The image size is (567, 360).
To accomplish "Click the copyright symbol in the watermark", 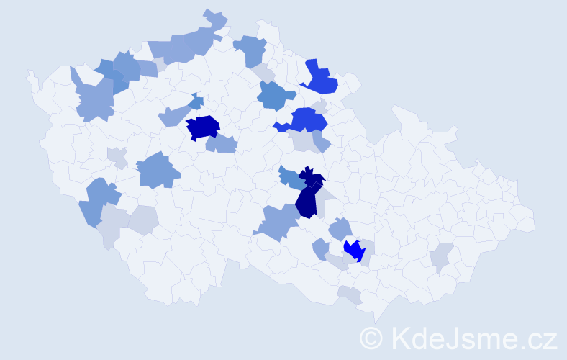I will click(371, 338).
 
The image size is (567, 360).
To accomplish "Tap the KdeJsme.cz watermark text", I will click(471, 338).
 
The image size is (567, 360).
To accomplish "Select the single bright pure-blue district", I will click(355, 251).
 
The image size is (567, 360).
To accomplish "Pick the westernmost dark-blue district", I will click(203, 127).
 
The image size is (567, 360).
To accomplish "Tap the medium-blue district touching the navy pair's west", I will click(289, 177).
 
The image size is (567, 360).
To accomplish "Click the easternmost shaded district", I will click(441, 256).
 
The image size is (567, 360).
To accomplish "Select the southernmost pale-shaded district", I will click(350, 294).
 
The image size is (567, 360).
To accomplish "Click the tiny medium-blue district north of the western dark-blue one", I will click(196, 102).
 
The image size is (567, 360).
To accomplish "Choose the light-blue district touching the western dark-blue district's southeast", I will click(222, 144).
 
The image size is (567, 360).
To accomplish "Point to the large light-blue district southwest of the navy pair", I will click(277, 221).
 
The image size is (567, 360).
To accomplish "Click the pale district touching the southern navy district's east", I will click(327, 195).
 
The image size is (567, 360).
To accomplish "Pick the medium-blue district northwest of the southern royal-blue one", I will click(275, 95).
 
